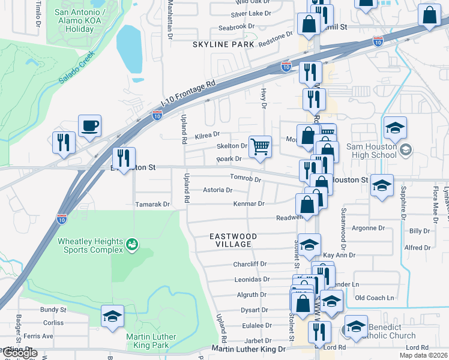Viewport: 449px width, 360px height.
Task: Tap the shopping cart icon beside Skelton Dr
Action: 260,146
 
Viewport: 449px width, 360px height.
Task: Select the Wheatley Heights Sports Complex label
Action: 90,245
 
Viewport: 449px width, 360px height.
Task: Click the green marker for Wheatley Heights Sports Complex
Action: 131,244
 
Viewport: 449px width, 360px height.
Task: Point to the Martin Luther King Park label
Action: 151,341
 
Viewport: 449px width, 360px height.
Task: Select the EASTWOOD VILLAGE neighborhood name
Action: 233,241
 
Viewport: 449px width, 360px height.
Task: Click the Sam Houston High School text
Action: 363,151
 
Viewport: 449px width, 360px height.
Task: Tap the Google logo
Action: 19,353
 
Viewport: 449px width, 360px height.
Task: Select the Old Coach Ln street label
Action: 374,298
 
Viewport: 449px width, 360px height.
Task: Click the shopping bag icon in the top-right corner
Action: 429,17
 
